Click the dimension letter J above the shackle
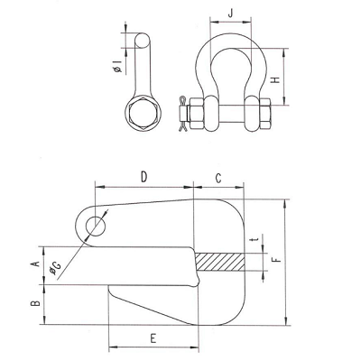tap(230, 14)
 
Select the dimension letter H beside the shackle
tap(275, 80)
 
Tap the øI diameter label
tap(118, 67)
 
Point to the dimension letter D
tap(144, 177)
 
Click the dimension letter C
tap(218, 178)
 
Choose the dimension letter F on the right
tap(276, 259)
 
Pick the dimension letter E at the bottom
tap(153, 338)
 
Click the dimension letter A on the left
tap(35, 264)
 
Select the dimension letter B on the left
tap(35, 303)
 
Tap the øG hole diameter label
tap(55, 269)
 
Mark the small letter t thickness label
tap(255, 240)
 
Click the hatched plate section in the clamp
tap(219, 262)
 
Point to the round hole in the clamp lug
tap(97, 227)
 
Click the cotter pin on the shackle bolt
tap(182, 114)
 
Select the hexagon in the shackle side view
tap(143, 114)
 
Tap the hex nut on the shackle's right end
tap(264, 114)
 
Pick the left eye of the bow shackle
tap(211, 114)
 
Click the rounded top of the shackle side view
tap(142, 40)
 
